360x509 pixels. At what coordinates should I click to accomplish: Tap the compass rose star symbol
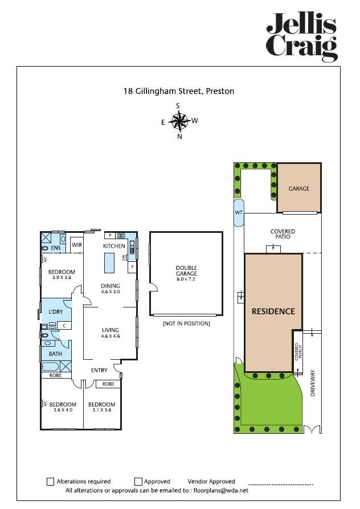point(179,120)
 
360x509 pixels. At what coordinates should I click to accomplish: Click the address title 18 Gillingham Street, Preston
point(179,91)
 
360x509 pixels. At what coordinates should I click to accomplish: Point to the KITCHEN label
point(113,246)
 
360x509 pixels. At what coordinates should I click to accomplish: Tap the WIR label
point(77,245)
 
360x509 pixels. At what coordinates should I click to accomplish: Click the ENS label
point(56,249)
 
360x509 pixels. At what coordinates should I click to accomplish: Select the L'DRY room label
point(55,312)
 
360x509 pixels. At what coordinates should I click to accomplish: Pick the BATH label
point(55,354)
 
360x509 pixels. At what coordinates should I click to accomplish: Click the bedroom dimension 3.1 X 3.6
point(101,410)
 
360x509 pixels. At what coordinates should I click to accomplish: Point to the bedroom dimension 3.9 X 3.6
point(61,277)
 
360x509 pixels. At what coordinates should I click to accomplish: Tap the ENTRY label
point(99,371)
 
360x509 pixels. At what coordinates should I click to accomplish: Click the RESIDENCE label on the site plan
point(273,311)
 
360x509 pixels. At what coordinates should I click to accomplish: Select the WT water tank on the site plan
point(239,213)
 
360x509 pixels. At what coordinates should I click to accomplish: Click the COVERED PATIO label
point(283,234)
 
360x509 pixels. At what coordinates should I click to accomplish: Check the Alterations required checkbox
point(51,482)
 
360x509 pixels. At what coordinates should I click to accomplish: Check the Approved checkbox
point(138,482)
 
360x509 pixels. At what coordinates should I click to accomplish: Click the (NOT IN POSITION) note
point(186,323)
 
